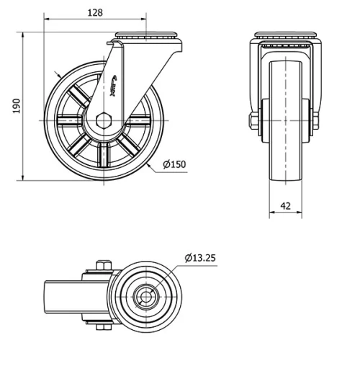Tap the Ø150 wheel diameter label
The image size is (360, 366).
(174, 164)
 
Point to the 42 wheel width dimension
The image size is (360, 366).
(285, 206)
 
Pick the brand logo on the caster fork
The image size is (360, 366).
(120, 84)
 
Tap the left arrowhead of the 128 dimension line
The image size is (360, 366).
(46, 20)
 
